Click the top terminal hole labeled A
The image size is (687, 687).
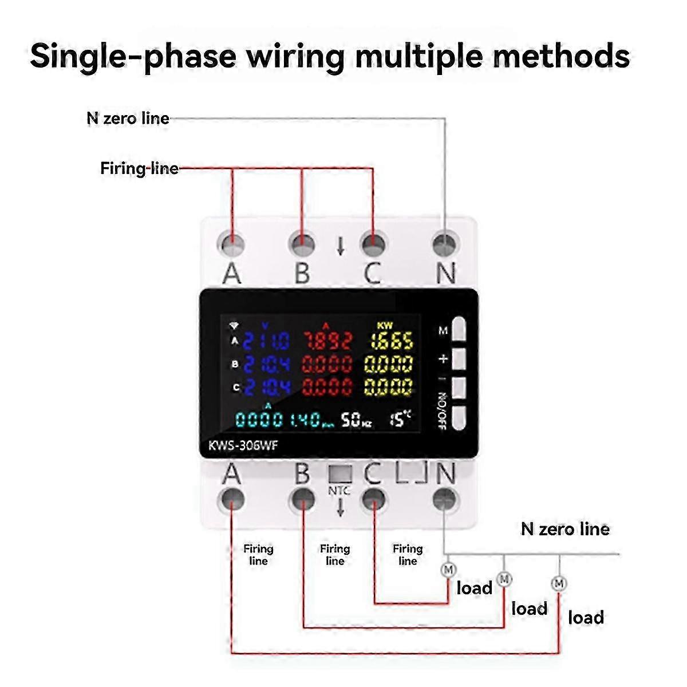point(231,244)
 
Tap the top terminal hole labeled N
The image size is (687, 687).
point(445,244)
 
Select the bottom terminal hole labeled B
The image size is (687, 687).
point(302,499)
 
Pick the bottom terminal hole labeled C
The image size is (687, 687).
point(373,499)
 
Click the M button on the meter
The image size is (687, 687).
point(460,330)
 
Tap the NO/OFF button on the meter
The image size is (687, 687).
point(460,416)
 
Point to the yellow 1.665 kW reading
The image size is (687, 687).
point(391,342)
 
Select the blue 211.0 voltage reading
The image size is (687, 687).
point(266,342)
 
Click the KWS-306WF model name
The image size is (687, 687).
point(244,445)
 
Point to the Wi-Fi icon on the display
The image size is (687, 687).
point(234,326)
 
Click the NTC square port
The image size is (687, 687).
point(340,473)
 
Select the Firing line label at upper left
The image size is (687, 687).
point(139,168)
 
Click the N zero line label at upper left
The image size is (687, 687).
point(128,119)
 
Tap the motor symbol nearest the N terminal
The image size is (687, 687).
point(448,570)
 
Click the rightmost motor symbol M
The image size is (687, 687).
point(559,583)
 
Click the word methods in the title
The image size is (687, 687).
point(561,56)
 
